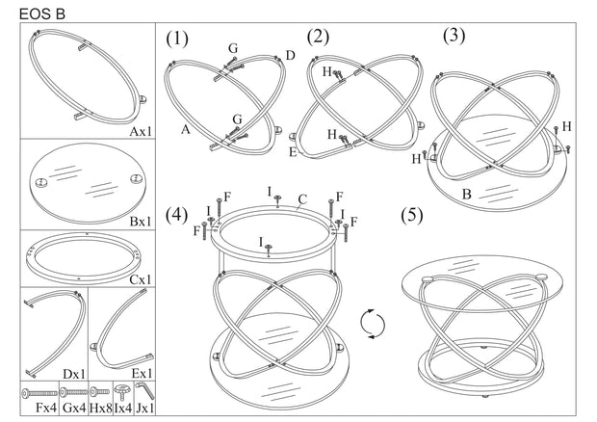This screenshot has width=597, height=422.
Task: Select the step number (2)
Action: [318, 38]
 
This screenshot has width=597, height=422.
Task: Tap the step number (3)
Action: [454, 36]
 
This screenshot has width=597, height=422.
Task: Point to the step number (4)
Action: [176, 213]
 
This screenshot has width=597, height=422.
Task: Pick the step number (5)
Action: [412, 214]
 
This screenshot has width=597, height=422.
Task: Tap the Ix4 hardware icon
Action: [122, 393]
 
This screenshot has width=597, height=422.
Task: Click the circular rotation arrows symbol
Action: [373, 324]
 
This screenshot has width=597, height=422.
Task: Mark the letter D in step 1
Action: [290, 56]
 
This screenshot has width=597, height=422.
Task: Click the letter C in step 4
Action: [301, 201]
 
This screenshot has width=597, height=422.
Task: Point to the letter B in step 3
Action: [466, 194]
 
